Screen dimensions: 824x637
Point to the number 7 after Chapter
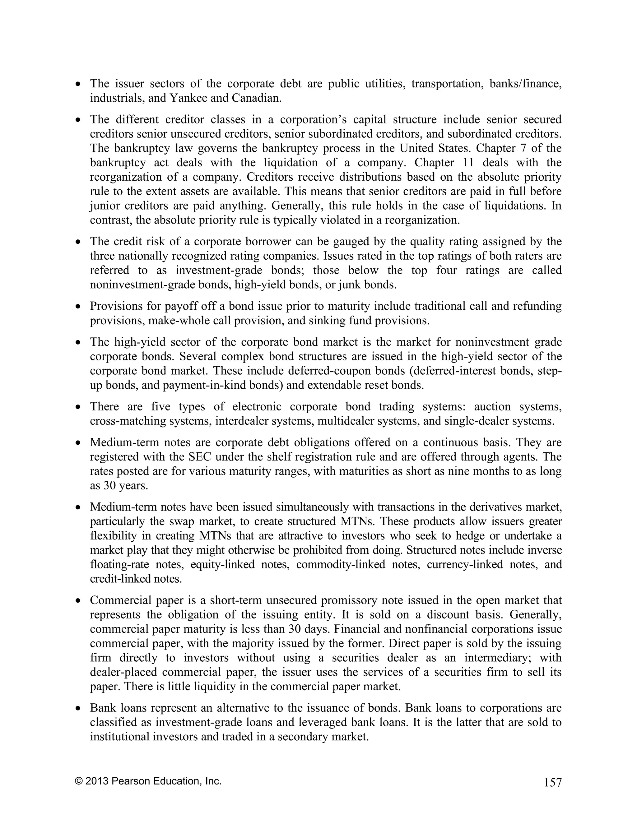[x=520, y=148]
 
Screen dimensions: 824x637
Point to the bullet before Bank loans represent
[x=78, y=709]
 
